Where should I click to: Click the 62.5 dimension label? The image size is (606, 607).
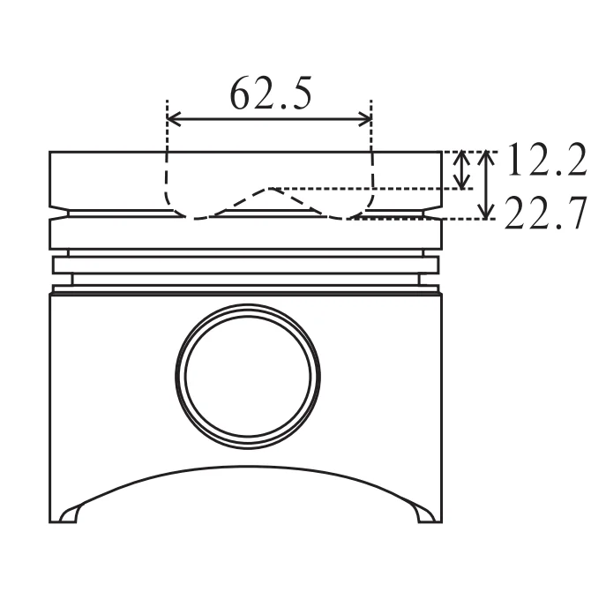click(x=271, y=93)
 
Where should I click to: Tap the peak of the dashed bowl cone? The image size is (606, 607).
click(x=273, y=188)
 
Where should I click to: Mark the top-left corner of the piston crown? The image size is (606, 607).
click(x=50, y=153)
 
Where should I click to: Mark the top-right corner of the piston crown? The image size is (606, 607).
click(x=441, y=153)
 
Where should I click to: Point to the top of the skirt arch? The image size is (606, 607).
click(x=246, y=466)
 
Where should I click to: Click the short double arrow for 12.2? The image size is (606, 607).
click(x=460, y=169)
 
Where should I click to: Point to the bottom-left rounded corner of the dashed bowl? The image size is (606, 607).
click(x=179, y=211)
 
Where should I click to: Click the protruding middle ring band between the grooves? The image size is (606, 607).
click(x=246, y=264)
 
